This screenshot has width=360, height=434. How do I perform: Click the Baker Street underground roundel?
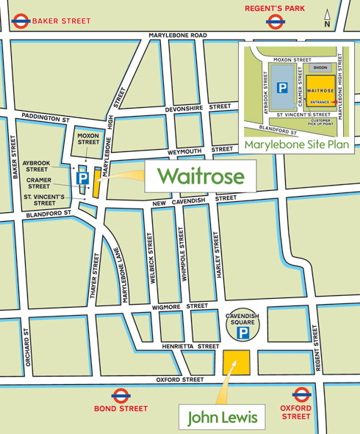(x=20, y=21)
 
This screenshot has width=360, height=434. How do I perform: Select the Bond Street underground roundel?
(x=120, y=394)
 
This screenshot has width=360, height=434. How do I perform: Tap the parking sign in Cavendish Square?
(x=242, y=333)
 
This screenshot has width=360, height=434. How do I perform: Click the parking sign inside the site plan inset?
(x=281, y=87)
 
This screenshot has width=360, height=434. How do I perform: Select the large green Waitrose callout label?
(x=199, y=176)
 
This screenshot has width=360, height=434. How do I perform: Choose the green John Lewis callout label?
(x=223, y=417)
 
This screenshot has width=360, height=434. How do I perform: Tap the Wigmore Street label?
(x=187, y=305)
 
